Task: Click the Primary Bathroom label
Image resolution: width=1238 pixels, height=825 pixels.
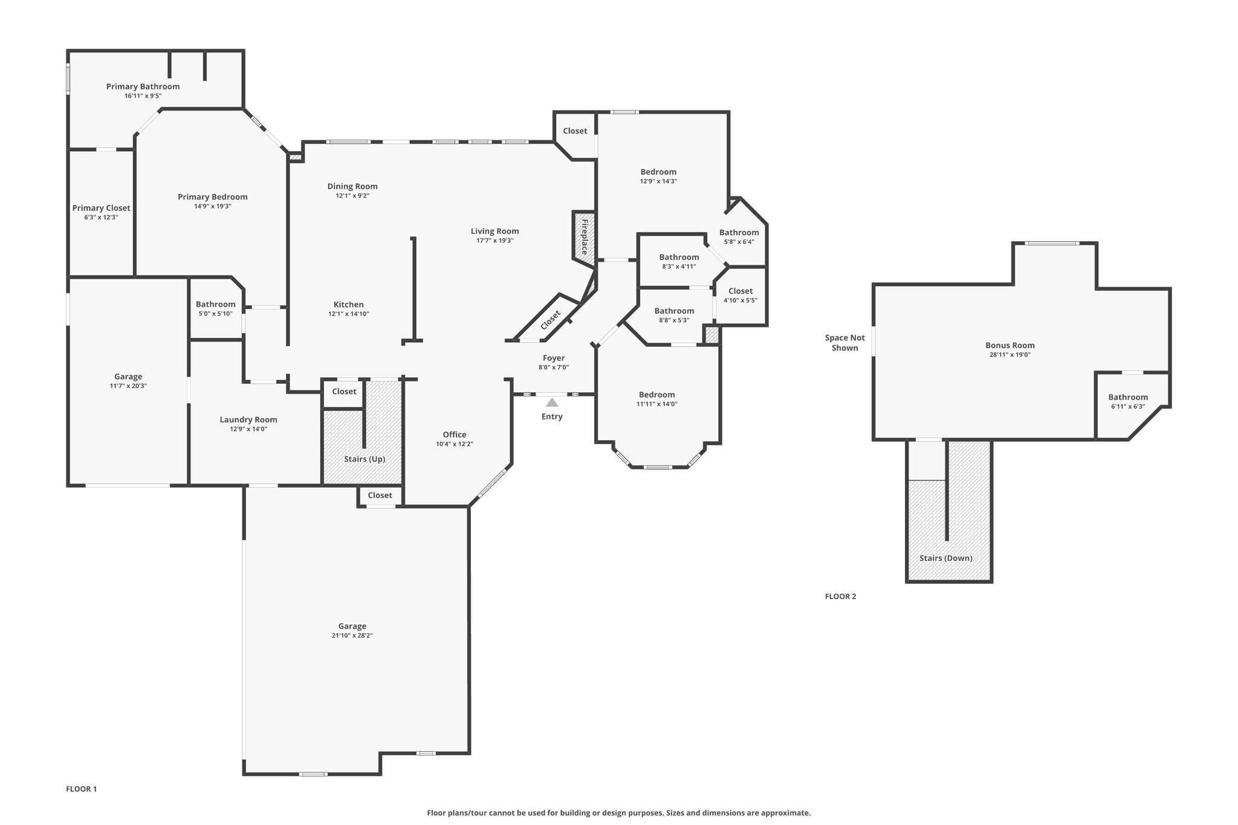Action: (143, 86)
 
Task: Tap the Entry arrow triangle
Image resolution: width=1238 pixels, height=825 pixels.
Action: (552, 402)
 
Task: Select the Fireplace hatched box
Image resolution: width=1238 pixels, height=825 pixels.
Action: (585, 237)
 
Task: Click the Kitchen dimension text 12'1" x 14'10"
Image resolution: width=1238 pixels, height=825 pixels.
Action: (349, 314)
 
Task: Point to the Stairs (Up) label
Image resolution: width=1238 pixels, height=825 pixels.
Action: (365, 459)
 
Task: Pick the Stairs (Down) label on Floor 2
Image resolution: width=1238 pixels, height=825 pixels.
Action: (945, 558)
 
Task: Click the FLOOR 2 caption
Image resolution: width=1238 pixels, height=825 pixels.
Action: (840, 596)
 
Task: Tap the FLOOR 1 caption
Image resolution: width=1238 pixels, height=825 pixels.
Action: (81, 789)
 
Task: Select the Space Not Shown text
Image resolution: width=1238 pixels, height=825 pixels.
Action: (844, 343)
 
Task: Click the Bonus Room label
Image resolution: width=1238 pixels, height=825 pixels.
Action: (1009, 345)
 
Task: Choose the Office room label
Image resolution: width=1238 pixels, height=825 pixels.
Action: (454, 435)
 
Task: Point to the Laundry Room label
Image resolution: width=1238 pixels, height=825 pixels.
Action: (248, 419)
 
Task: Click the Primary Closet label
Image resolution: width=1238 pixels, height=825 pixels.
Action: (101, 208)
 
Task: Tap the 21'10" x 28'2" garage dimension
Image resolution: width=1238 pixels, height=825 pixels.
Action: (352, 635)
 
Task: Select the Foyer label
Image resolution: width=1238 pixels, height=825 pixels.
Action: (553, 358)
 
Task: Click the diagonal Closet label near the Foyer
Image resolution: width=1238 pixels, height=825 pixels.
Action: (550, 320)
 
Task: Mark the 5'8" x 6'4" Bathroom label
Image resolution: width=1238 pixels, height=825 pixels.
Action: (739, 233)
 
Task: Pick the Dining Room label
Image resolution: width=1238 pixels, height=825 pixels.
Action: (352, 186)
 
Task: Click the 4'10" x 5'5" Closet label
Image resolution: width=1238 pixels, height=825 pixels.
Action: (740, 291)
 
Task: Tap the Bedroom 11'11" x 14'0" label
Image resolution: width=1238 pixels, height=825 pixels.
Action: (656, 395)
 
